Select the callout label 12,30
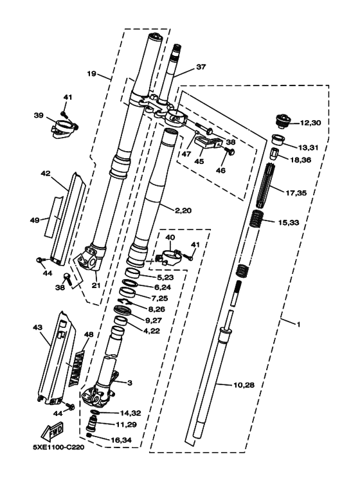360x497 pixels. (x=310, y=123)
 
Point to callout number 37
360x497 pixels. (x=201, y=67)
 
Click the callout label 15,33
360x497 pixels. (x=289, y=223)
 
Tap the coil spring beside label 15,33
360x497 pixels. (x=257, y=219)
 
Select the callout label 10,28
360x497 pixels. (x=244, y=385)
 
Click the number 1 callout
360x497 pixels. (x=298, y=325)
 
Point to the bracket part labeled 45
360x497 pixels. (x=208, y=142)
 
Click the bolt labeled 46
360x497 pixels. (x=230, y=152)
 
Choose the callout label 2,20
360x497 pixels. (x=183, y=210)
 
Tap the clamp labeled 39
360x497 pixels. (x=65, y=129)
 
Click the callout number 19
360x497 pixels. (x=91, y=74)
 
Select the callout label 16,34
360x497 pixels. (x=121, y=440)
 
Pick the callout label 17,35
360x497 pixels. (x=296, y=192)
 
